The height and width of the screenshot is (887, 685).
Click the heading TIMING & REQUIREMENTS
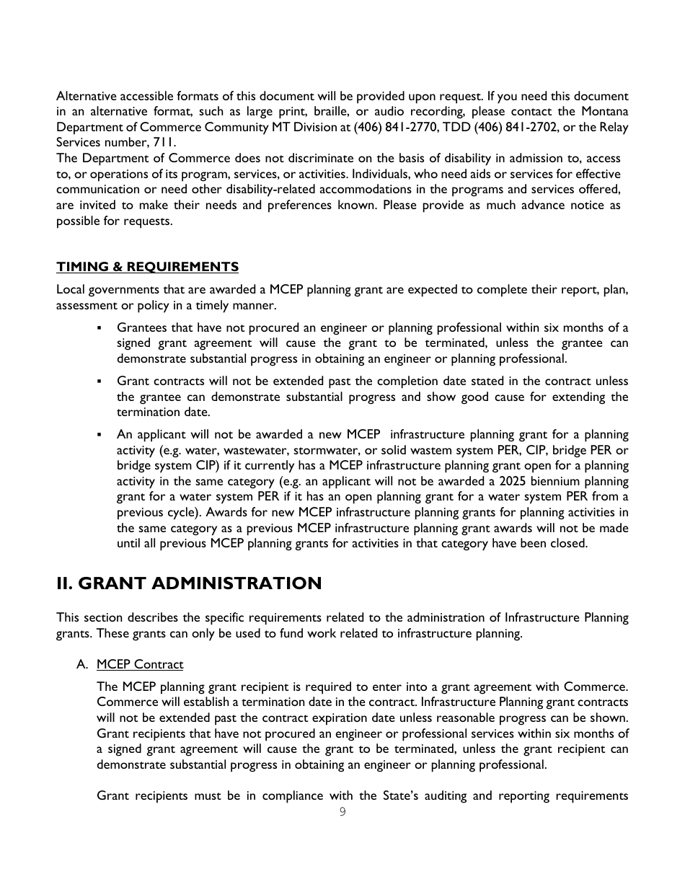(147, 267)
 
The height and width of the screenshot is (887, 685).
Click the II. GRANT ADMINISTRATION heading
(189, 583)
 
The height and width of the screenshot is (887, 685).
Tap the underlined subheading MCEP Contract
(140, 664)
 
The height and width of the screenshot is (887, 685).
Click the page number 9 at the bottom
(342, 811)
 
